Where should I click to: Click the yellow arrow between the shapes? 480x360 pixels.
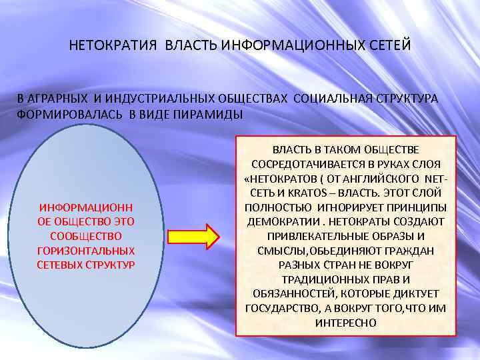tap(193, 237)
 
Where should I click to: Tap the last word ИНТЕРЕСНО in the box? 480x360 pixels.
tap(345, 322)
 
